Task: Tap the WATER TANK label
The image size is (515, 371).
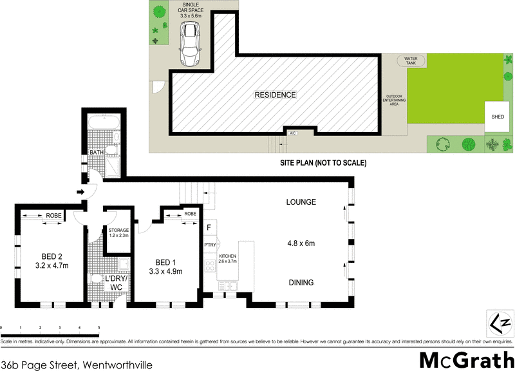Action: coord(411,60)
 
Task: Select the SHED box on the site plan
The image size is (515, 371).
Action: coord(498,117)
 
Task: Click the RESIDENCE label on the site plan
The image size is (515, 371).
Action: coord(275,95)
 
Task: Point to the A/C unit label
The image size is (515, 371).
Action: coord(293,133)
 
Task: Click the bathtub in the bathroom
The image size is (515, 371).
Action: coord(104,124)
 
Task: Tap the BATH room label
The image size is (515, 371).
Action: coord(97,153)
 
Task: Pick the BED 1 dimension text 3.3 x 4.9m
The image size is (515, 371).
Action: coord(165,271)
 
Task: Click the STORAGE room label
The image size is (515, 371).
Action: coord(119,230)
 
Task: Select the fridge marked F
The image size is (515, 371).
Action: coord(209,227)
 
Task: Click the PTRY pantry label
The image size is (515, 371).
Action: coord(210,245)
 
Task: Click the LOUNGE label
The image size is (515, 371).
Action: coord(301,202)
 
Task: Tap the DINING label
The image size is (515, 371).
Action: coord(301,283)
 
